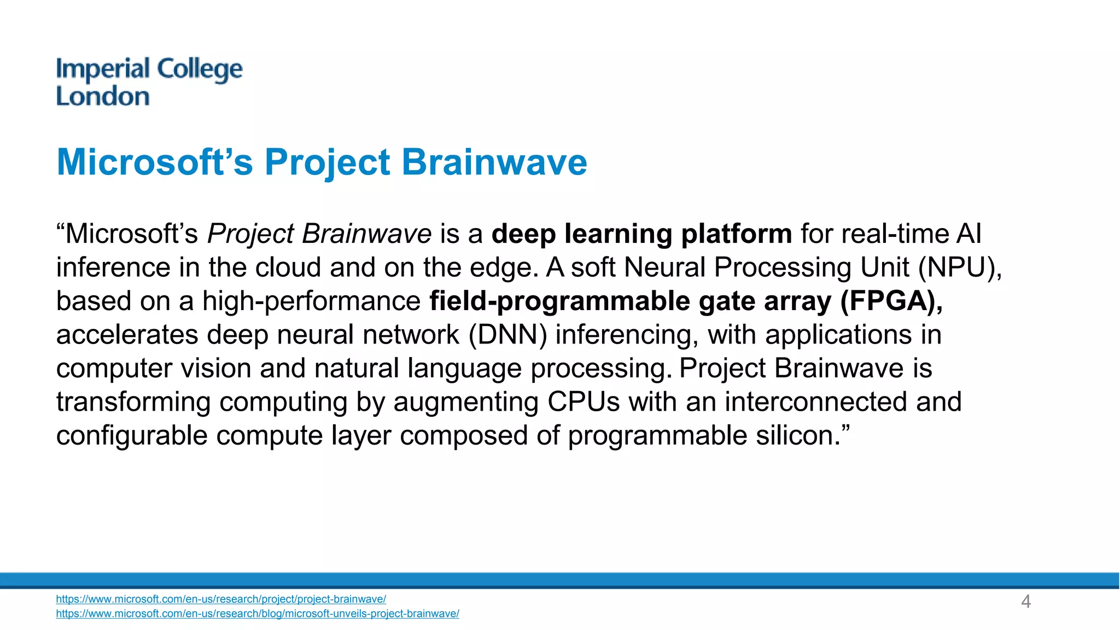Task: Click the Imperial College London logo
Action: [x=149, y=82]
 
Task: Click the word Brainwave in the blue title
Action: [x=494, y=162]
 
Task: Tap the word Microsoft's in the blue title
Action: [x=155, y=162]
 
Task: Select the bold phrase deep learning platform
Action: [x=641, y=234]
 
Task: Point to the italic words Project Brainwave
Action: [x=319, y=234]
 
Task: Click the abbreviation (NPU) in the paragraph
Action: [x=960, y=267]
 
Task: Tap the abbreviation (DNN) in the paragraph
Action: [x=507, y=335]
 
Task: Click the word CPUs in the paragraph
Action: [x=584, y=402]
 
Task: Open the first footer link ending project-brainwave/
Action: [x=221, y=599]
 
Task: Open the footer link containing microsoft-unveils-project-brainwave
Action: [x=258, y=614]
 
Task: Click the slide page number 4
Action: [x=1026, y=602]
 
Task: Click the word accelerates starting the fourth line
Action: [x=127, y=335]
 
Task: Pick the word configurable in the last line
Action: [x=132, y=436]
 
